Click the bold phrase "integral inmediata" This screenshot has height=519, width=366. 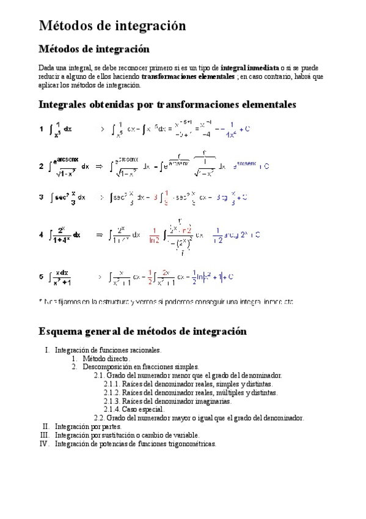coord(249,67)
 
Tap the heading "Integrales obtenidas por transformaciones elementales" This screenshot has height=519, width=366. coord(167,105)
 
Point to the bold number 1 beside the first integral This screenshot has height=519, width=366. coord(41,129)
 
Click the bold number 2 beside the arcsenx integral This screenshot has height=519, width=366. coord(41,166)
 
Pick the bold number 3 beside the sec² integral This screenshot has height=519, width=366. coord(41,198)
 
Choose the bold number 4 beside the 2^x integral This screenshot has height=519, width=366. coord(41,234)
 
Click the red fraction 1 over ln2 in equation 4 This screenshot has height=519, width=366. coord(154,235)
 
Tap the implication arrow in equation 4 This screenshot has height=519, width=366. coord(100,234)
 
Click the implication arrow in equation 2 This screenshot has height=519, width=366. coord(100,166)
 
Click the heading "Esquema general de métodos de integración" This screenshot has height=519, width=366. coord(142,332)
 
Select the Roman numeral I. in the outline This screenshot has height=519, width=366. coord(46,351)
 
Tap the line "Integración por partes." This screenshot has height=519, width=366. coord(88,427)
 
